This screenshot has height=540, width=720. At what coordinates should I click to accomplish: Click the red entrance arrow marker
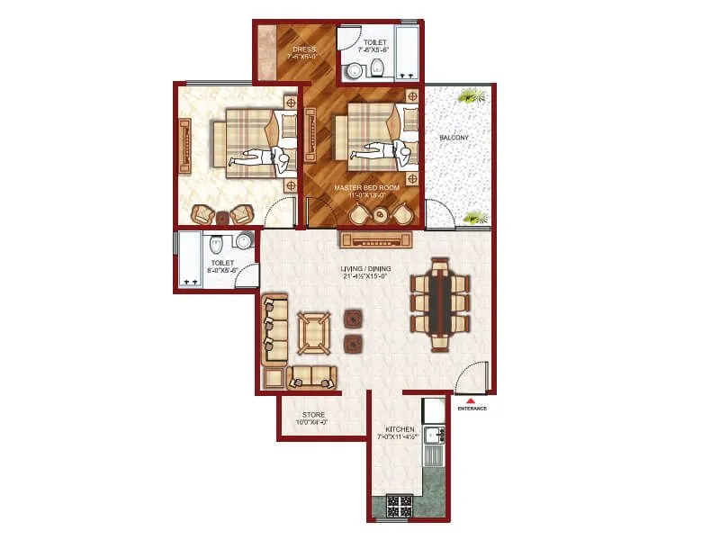pyautogui.click(x=471, y=400)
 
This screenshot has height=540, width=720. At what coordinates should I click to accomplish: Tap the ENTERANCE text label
pyautogui.click(x=472, y=409)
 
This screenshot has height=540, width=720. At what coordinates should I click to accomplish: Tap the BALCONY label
pyautogui.click(x=453, y=138)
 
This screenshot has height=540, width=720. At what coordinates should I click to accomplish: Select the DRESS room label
pyautogui.click(x=301, y=49)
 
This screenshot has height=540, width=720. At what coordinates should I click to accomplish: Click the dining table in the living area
pyautogui.click(x=440, y=303)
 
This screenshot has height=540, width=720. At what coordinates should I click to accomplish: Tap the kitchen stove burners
pyautogui.click(x=398, y=507)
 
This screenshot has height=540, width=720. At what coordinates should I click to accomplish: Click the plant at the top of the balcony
pyautogui.click(x=468, y=94)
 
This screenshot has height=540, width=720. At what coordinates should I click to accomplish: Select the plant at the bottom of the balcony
pyautogui.click(x=474, y=216)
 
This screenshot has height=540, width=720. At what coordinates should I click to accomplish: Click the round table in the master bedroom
pyautogui.click(x=381, y=214)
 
